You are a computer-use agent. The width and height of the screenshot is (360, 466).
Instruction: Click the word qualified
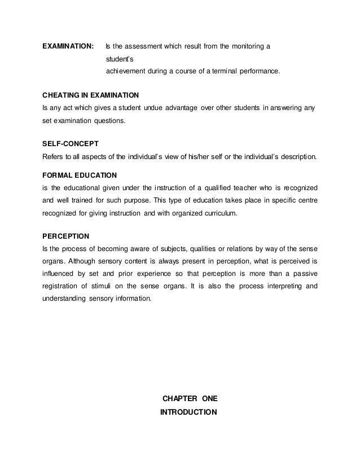219,187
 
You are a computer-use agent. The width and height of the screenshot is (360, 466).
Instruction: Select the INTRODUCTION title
188,412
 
